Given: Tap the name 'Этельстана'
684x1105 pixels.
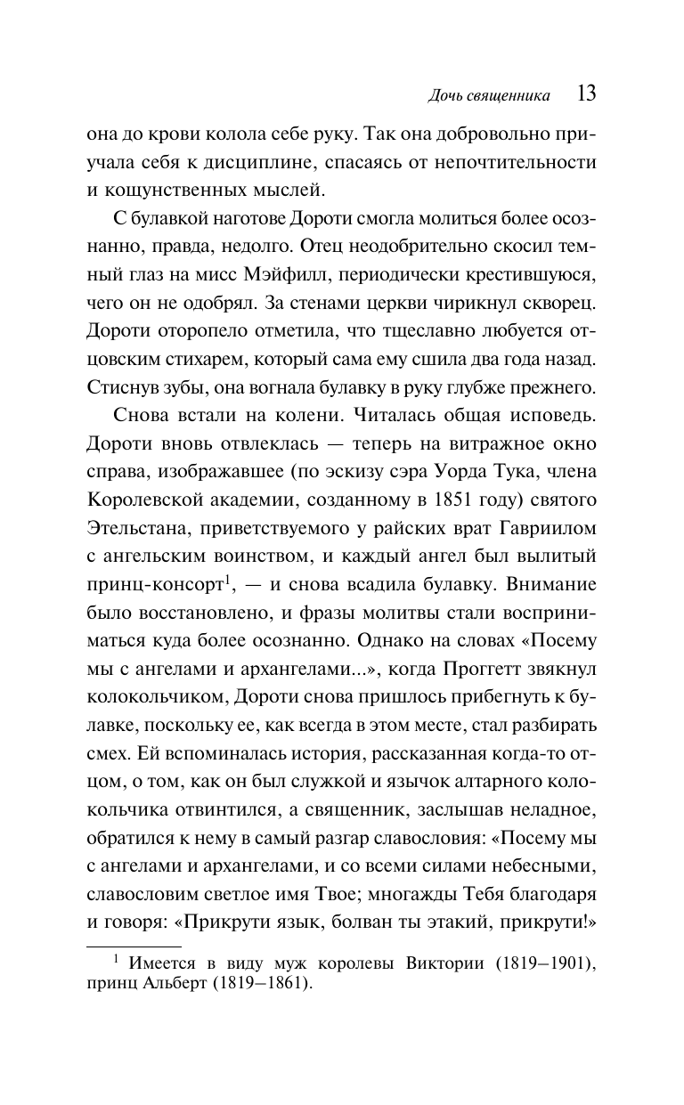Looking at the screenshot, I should click(134, 526).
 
